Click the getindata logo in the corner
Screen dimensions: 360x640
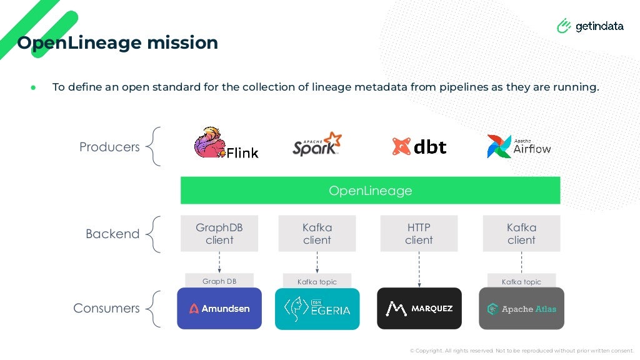pos(590,26)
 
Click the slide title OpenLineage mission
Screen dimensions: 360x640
pos(117,42)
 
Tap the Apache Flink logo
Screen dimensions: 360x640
pos(226,143)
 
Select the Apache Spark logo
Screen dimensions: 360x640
pos(317,144)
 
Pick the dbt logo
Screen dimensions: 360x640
pos(419,146)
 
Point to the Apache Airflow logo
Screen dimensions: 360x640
pos(519,147)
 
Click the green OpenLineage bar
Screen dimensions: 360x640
pos(370,191)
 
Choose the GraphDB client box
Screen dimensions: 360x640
pos(219,234)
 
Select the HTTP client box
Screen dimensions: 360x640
pos(419,234)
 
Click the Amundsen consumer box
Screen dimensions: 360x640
pos(219,308)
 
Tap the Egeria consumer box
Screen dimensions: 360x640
pos(317,309)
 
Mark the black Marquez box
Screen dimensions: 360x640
pos(419,308)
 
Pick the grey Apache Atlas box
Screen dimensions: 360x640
pos(521,308)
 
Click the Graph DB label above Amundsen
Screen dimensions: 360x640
pos(219,281)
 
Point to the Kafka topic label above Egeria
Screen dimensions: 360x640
pos(317,282)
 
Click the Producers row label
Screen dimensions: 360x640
pos(109,147)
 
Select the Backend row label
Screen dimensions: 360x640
pos(112,234)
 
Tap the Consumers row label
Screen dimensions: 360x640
pos(106,308)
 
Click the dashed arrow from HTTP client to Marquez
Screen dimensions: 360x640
pos(419,269)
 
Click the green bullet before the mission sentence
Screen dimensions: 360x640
pos(34,87)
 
